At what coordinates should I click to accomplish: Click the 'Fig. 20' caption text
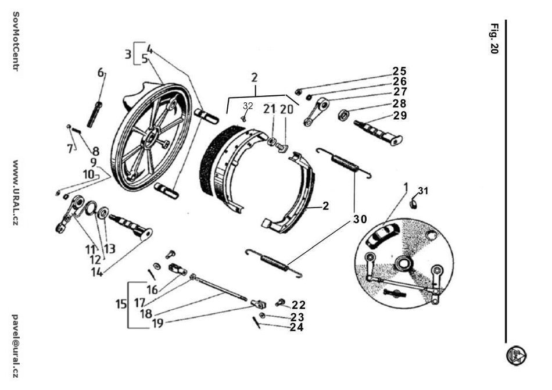[x=494, y=39]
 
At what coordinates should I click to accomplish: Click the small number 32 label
[x=248, y=106]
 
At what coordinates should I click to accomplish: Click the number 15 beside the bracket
[x=121, y=304]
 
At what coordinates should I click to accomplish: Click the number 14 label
[x=97, y=271]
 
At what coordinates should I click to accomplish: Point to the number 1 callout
[x=406, y=187]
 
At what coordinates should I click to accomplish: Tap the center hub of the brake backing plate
[x=402, y=265]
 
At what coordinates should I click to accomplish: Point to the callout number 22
[x=299, y=305]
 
